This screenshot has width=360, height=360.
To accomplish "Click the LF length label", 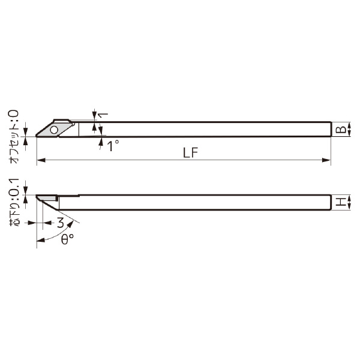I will click(x=191, y=152).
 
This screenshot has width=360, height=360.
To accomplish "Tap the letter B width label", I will click(x=340, y=129).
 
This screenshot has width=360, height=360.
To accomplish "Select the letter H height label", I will click(x=340, y=203).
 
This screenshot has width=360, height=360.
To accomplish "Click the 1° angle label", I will click(x=112, y=146).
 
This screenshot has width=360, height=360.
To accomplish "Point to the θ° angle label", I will click(x=68, y=238).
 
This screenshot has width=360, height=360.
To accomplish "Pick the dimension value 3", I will click(x=60, y=223).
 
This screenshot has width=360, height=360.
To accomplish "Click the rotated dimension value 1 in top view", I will click(x=103, y=115).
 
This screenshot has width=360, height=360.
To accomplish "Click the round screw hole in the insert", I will click(x=54, y=129).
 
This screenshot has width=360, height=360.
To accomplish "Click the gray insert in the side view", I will click(x=46, y=197).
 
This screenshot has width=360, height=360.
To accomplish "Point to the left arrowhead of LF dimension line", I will click(x=40, y=161).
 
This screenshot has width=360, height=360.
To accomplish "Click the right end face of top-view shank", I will click(x=331, y=129).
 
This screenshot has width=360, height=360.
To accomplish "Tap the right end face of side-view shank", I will click(x=331, y=203).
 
